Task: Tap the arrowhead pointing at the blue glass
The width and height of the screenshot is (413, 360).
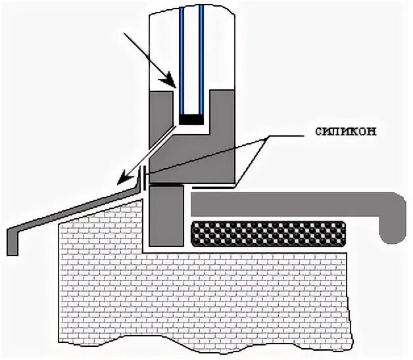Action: click(x=174, y=85)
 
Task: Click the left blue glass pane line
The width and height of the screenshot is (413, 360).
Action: click(x=182, y=59)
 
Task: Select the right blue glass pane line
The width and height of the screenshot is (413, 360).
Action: click(x=202, y=59)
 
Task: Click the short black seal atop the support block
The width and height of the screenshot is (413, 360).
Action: click(x=165, y=186)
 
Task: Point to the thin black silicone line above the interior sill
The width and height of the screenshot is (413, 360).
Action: click(x=210, y=188)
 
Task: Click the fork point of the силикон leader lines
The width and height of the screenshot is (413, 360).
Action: click(x=266, y=139)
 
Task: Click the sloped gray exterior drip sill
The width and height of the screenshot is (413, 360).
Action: click(x=79, y=208)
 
